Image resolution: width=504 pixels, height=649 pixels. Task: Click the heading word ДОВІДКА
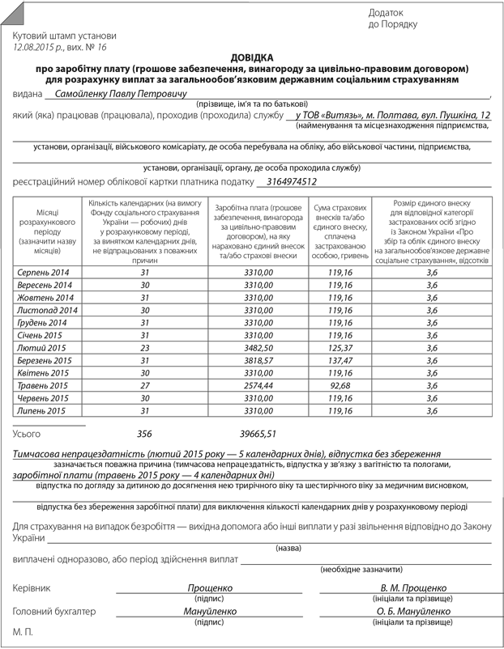(x=252, y=58)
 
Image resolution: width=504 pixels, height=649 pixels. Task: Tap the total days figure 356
(x=145, y=434)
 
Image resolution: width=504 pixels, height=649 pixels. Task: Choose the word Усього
(x=27, y=435)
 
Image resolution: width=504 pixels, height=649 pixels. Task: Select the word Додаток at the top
(x=384, y=12)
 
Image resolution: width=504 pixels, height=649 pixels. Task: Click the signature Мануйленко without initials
(x=210, y=612)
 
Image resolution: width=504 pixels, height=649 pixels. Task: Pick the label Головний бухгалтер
(x=54, y=612)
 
